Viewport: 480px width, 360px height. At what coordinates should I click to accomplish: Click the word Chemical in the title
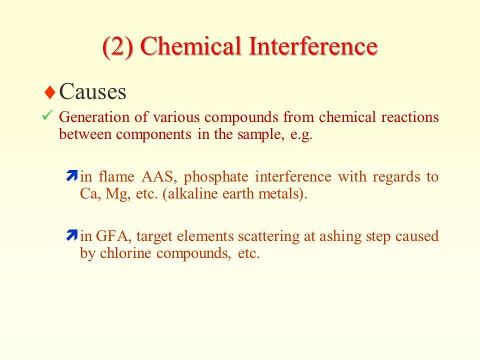191,46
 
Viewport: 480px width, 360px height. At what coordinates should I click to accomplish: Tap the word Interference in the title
313,46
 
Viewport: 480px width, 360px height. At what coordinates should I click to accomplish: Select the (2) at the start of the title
118,47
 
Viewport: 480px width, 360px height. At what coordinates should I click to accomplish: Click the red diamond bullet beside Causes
50,92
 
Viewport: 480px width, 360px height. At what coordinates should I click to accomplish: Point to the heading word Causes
92,91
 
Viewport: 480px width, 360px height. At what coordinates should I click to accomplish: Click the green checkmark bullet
47,115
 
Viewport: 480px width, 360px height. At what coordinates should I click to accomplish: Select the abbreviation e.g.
301,134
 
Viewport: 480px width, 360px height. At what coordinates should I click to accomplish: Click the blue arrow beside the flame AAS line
71,175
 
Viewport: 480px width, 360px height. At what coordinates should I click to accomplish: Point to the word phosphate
216,177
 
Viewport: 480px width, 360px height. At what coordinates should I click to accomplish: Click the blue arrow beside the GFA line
71,235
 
